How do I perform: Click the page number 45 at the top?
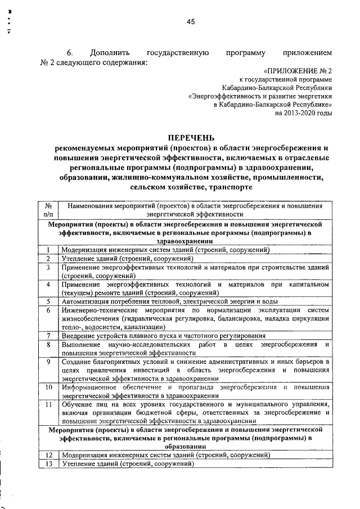click(190, 21)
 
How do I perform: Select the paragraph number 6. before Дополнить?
click(70, 52)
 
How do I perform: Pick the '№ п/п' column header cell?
click(48, 210)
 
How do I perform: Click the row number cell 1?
click(48, 250)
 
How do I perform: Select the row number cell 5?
click(48, 301)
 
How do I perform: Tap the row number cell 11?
click(48, 404)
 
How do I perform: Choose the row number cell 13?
click(48, 463)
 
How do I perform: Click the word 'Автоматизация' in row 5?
click(87, 301)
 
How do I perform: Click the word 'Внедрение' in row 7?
click(79, 336)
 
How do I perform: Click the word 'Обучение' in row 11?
click(78, 404)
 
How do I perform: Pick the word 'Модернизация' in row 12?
click(85, 455)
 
